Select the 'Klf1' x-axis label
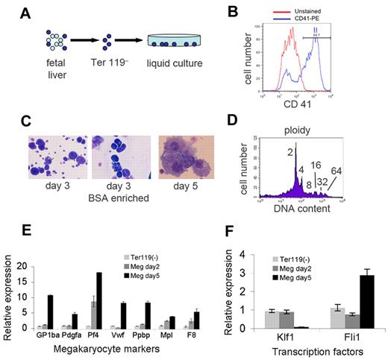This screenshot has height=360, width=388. tap(281, 338)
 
